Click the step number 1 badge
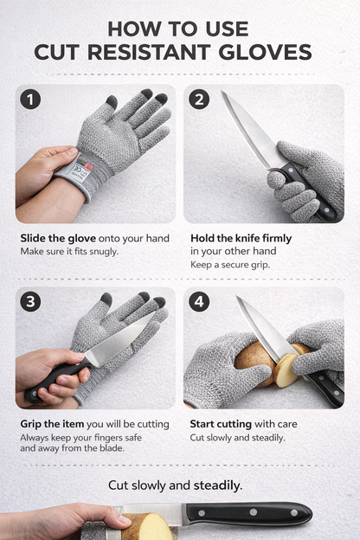30,100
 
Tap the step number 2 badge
199,100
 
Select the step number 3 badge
30,303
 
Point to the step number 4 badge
199,303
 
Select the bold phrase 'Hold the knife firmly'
241,238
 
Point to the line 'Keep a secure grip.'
230,264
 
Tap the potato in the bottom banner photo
149,526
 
